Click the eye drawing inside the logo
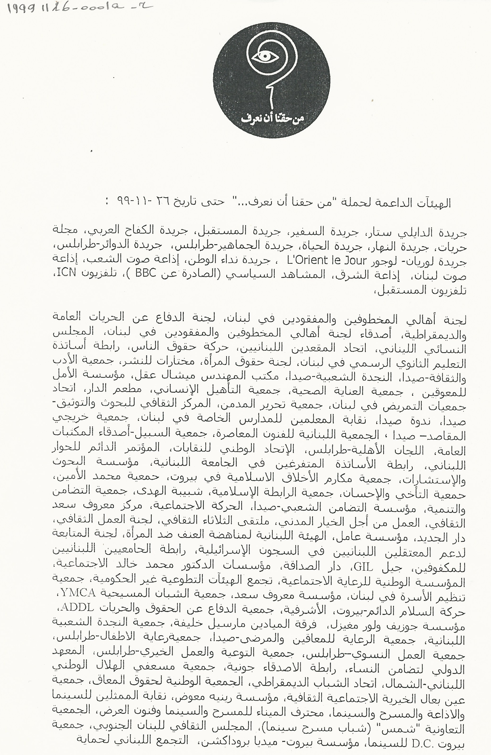coord(265,57)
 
